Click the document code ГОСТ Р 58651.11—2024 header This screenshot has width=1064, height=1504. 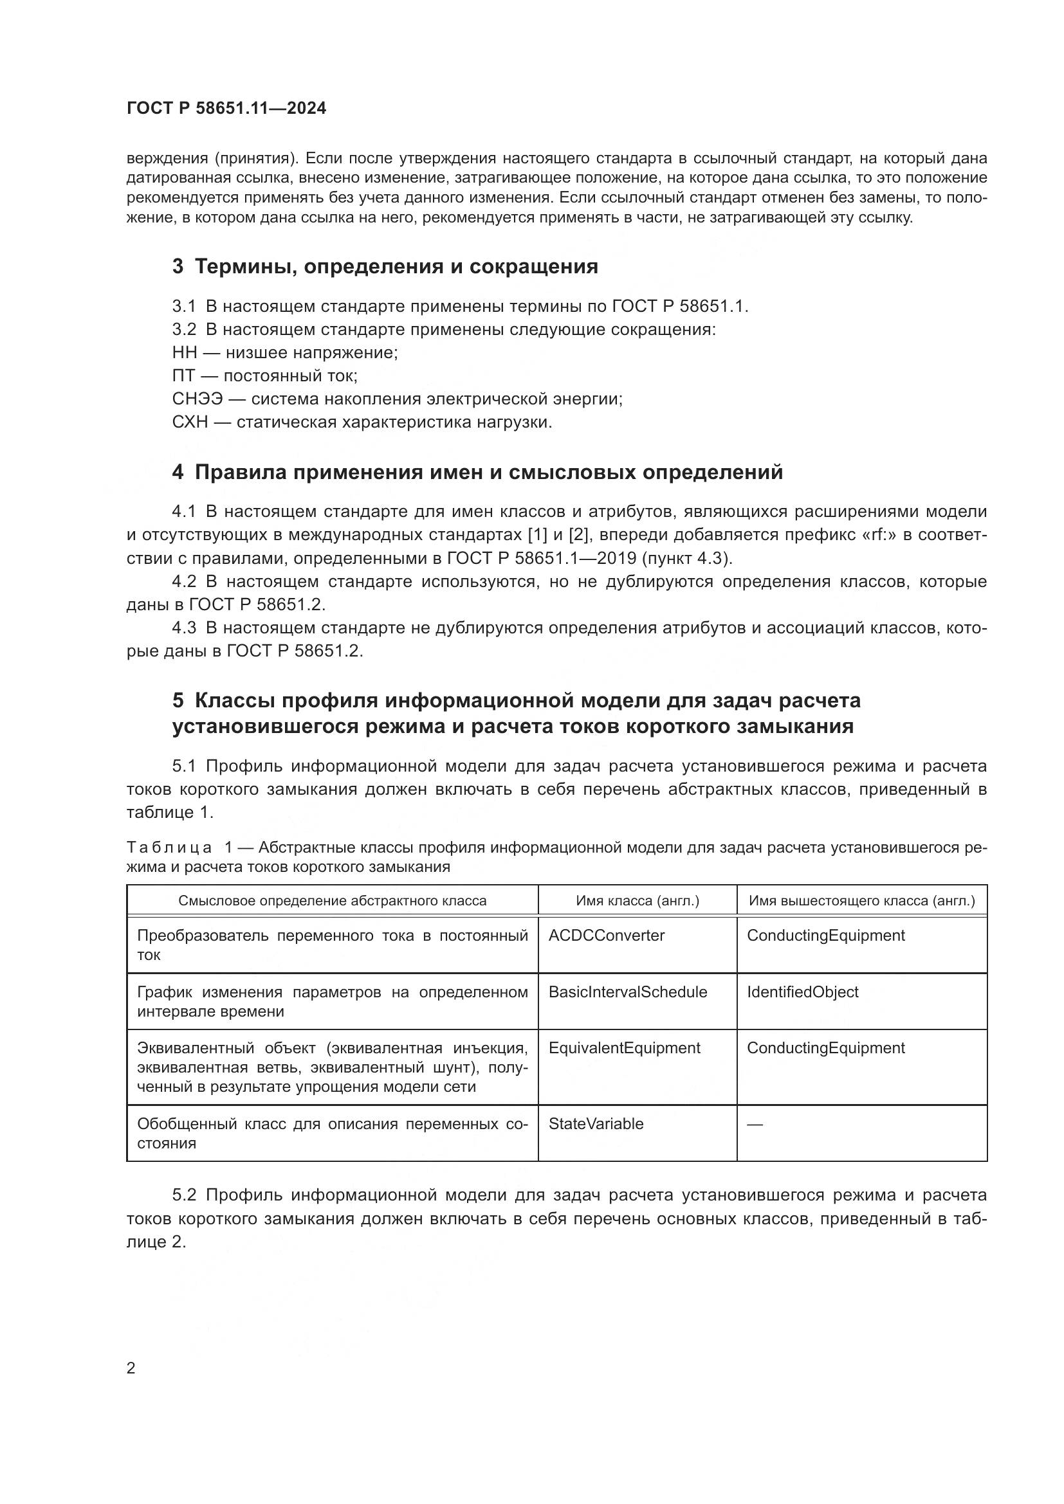[x=226, y=108]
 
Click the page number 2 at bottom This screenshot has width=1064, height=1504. [x=131, y=1368]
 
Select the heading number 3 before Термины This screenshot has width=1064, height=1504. [x=178, y=267]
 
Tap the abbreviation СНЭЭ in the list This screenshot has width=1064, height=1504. [x=198, y=399]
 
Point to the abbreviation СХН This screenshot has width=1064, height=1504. [x=190, y=422]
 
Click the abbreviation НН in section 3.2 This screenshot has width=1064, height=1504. [x=184, y=352]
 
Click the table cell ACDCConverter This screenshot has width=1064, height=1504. [x=606, y=936]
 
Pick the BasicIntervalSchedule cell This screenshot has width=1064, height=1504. [x=628, y=992]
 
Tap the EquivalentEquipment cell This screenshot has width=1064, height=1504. [x=625, y=1048]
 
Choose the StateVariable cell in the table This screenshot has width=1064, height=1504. [x=596, y=1124]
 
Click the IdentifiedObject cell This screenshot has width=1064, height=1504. [x=802, y=992]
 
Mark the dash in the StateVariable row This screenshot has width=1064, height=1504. [x=755, y=1125]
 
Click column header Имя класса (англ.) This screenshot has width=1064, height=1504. [x=637, y=901]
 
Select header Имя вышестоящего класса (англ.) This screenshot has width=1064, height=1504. [x=861, y=901]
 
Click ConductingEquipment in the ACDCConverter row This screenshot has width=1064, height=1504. [x=825, y=936]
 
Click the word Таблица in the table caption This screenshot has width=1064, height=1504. [x=169, y=847]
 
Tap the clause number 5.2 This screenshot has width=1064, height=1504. [x=184, y=1195]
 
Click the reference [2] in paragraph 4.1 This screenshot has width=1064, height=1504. [x=578, y=535]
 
